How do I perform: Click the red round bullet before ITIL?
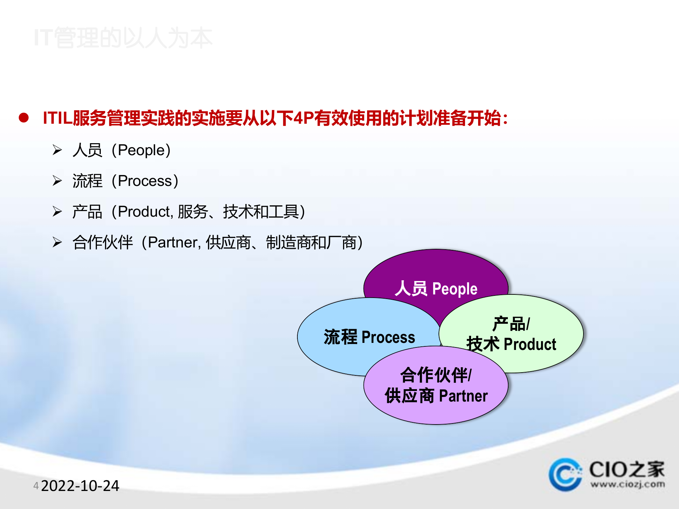(x=24, y=118)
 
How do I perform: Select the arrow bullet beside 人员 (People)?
(x=57, y=150)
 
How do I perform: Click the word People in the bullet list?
(x=141, y=151)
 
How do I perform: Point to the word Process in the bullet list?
(x=145, y=181)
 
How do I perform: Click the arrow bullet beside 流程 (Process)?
(x=57, y=181)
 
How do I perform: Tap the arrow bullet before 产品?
(x=57, y=211)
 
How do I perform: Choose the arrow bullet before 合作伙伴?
(x=57, y=242)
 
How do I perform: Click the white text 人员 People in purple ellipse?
(x=436, y=289)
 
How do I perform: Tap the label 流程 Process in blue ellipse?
(x=369, y=337)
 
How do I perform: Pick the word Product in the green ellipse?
(x=530, y=344)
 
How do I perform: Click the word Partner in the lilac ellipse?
(x=463, y=396)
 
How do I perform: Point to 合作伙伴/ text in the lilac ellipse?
(x=436, y=375)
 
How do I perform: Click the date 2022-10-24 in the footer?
(x=80, y=486)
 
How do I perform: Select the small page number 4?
(x=36, y=486)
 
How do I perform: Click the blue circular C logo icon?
(x=565, y=474)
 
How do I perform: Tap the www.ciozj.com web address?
(x=627, y=484)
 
